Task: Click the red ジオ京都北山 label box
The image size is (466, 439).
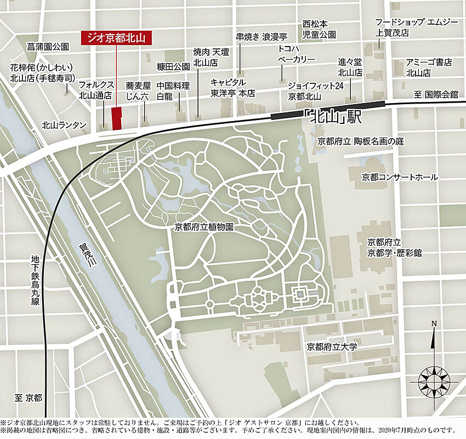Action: (x=116, y=38)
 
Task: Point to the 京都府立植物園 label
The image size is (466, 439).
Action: (x=204, y=226)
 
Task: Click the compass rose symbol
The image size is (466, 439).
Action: (x=434, y=380)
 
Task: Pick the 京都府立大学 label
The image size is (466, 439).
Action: (x=332, y=346)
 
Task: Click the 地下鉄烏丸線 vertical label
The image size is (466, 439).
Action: (x=36, y=280)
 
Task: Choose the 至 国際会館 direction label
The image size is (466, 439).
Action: (x=436, y=94)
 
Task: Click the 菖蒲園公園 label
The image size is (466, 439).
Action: (x=48, y=48)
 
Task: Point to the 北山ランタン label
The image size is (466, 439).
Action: (x=64, y=125)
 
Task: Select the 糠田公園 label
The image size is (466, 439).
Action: (x=173, y=66)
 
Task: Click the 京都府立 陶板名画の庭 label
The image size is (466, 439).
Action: (x=360, y=141)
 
